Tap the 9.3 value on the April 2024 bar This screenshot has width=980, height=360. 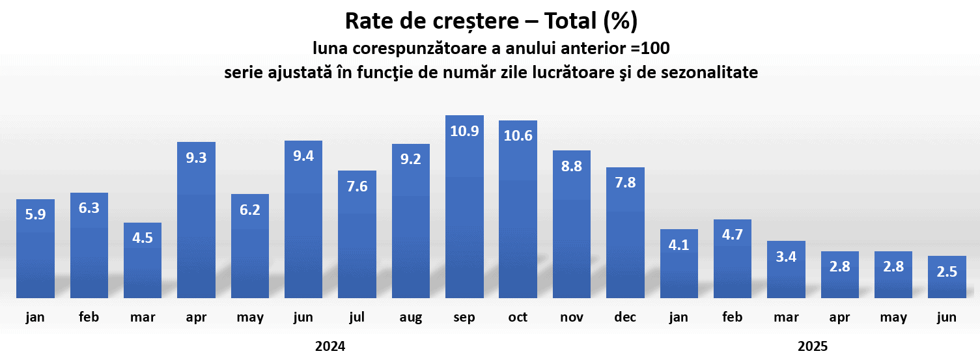196,157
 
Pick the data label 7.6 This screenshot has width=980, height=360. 357,186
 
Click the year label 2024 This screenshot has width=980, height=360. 330,346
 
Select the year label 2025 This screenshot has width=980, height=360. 813,346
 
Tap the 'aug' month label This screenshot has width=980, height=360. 411,318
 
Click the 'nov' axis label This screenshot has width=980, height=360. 572,318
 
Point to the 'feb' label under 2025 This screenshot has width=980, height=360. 733,318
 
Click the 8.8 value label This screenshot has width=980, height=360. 572,165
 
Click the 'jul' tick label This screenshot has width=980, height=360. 357,318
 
